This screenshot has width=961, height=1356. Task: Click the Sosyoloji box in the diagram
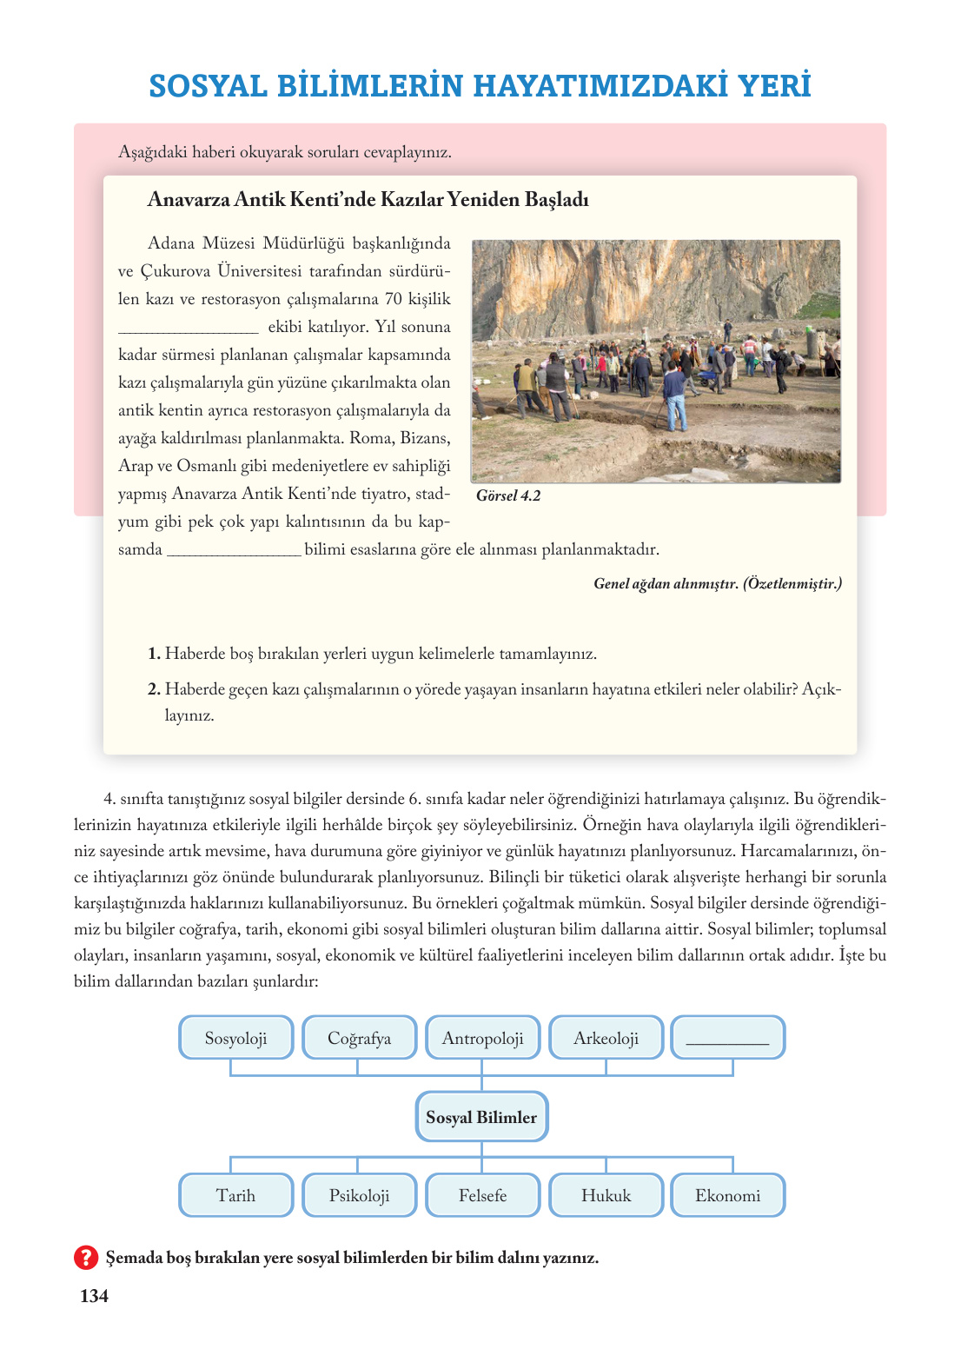pyautogui.click(x=235, y=1038)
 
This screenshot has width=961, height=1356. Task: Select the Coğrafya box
pyautogui.click(x=359, y=1038)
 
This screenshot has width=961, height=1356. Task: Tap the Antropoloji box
pyautogui.click(x=482, y=1038)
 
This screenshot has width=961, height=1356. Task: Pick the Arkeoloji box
pyautogui.click(x=606, y=1038)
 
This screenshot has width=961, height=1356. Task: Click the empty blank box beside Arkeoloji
pyautogui.click(x=727, y=1038)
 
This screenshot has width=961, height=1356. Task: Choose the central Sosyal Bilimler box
pyautogui.click(x=481, y=1117)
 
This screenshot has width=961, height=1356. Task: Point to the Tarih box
pyautogui.click(x=235, y=1195)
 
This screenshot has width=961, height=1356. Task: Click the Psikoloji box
pyautogui.click(x=359, y=1195)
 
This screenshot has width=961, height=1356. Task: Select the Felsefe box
pyautogui.click(x=482, y=1195)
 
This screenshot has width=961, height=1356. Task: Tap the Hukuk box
pyautogui.click(x=606, y=1195)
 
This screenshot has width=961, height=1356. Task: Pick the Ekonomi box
pyautogui.click(x=727, y=1195)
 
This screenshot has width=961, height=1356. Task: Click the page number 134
pyautogui.click(x=94, y=1296)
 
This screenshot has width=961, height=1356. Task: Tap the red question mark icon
pyautogui.click(x=85, y=1257)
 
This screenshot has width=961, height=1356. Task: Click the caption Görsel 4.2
pyautogui.click(x=508, y=495)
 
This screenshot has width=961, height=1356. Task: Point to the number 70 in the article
pyautogui.click(x=393, y=299)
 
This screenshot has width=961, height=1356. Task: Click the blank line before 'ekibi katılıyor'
pyautogui.click(x=188, y=328)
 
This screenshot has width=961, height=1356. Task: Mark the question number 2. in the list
pyautogui.click(x=154, y=689)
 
